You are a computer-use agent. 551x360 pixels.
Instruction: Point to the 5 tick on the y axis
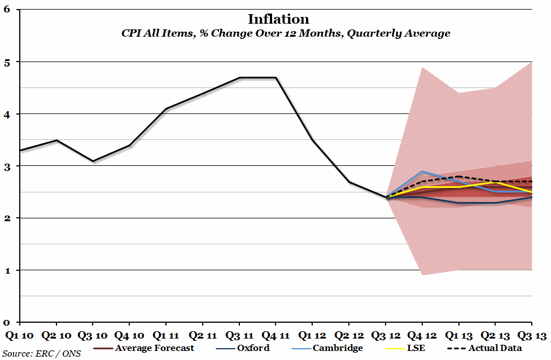tap(7, 62)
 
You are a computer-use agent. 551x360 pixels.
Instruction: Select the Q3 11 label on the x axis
tap(239, 336)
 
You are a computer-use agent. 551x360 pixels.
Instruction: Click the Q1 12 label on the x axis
tap(312, 336)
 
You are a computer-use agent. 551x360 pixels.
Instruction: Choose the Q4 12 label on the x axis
tap(422, 336)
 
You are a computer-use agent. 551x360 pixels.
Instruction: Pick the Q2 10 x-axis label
tap(56, 336)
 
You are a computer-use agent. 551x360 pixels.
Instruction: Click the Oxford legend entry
tap(251, 348)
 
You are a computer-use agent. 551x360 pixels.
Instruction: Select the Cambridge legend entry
tap(337, 348)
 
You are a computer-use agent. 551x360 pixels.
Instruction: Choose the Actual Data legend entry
tap(495, 348)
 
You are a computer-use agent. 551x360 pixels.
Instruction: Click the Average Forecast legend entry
tap(154, 348)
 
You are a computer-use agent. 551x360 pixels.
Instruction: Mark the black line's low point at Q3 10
tap(93, 161)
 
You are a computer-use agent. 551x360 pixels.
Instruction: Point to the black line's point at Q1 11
tap(166, 108)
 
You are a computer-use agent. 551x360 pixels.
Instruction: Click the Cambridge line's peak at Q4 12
tap(422, 171)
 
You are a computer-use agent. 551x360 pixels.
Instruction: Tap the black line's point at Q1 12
tap(312, 140)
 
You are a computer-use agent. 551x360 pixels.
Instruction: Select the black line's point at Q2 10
tap(56, 140)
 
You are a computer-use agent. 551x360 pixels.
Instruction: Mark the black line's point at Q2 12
tap(349, 182)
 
